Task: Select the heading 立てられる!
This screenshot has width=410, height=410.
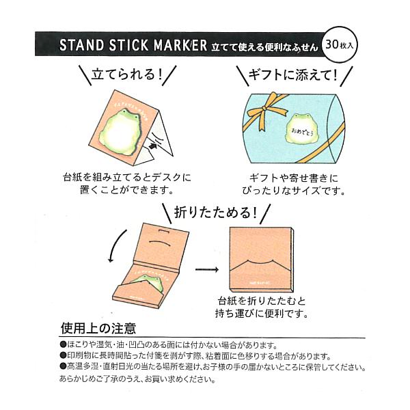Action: click(x=126, y=74)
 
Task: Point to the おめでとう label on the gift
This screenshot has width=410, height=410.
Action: click(x=285, y=128)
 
